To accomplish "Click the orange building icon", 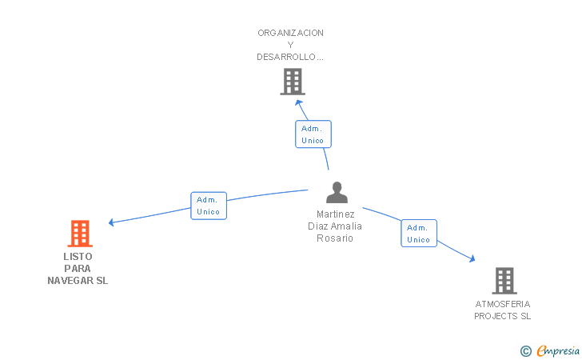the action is pos(80,234).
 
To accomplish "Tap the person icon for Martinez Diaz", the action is pos(337,192).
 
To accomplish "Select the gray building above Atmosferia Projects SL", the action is pos(504,281).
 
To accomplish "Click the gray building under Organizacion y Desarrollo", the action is pos(293,82).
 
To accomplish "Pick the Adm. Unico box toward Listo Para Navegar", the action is pos(209,206).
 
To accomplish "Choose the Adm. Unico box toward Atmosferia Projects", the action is pos(419,234).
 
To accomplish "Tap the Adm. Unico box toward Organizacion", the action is pos(313,134).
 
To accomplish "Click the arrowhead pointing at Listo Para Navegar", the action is pos(110,222).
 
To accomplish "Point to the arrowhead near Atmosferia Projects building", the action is pos(472,258).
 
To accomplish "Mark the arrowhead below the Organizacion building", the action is pos(299,103).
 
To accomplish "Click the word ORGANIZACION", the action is pos(290,33).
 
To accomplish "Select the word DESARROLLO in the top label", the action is pos(286,57).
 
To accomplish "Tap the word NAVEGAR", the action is pos(70,281).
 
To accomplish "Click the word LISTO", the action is pos(78,256).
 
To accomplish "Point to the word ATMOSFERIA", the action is pos(503,304).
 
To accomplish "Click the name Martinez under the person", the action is pos(336,214).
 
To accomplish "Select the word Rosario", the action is pos(335,238).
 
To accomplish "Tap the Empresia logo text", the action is pos(558,350).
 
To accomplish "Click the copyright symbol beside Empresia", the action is pos(526,351).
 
